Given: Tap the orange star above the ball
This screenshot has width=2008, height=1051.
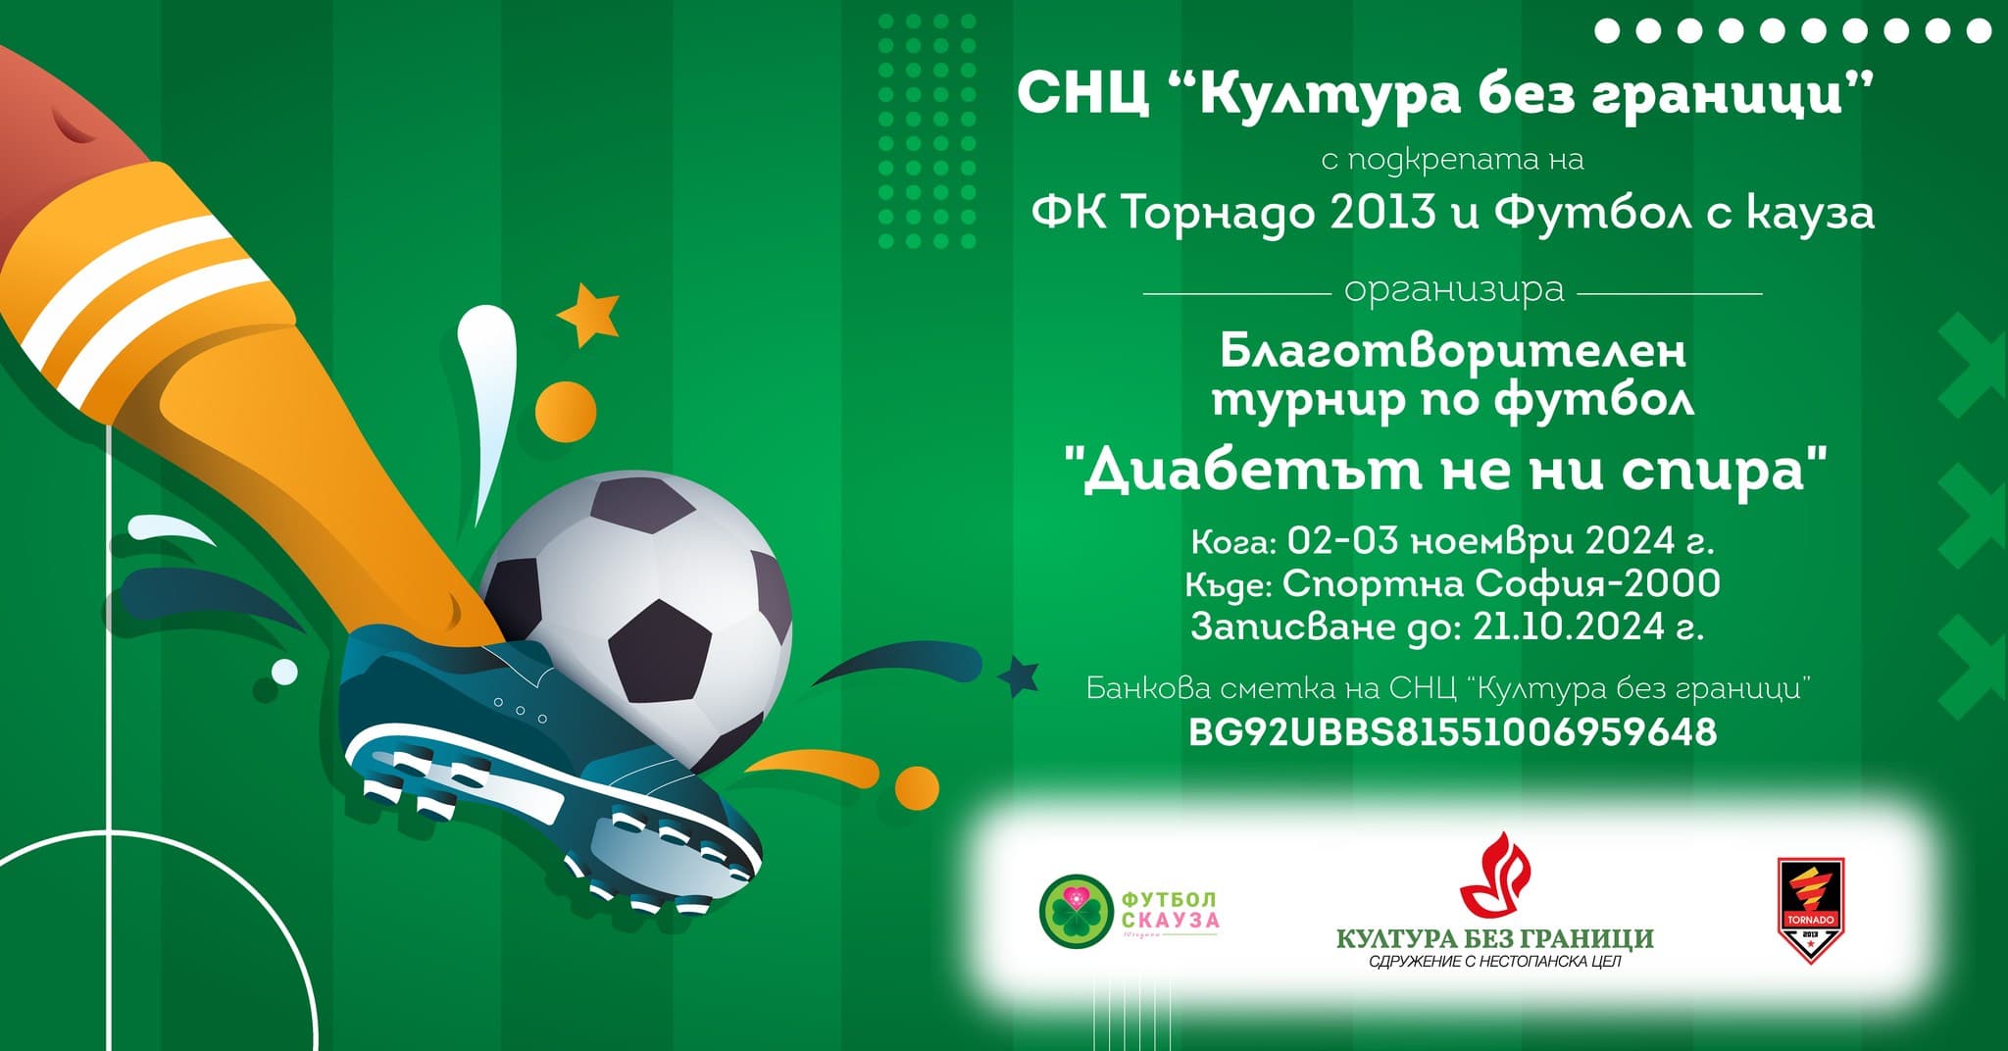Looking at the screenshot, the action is (x=588, y=314).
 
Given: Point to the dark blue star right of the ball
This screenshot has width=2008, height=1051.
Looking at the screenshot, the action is (x=1018, y=675).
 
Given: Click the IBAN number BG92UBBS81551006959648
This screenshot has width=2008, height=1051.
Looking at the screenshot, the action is (x=1452, y=732).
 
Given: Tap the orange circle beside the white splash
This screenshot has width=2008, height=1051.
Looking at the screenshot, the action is (x=566, y=408).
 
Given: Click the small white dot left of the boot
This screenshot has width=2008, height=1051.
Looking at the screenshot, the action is (x=284, y=672).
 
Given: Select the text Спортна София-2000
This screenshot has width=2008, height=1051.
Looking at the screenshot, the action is (x=1501, y=584).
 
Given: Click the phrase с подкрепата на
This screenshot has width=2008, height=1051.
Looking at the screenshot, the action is (x=1452, y=159).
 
